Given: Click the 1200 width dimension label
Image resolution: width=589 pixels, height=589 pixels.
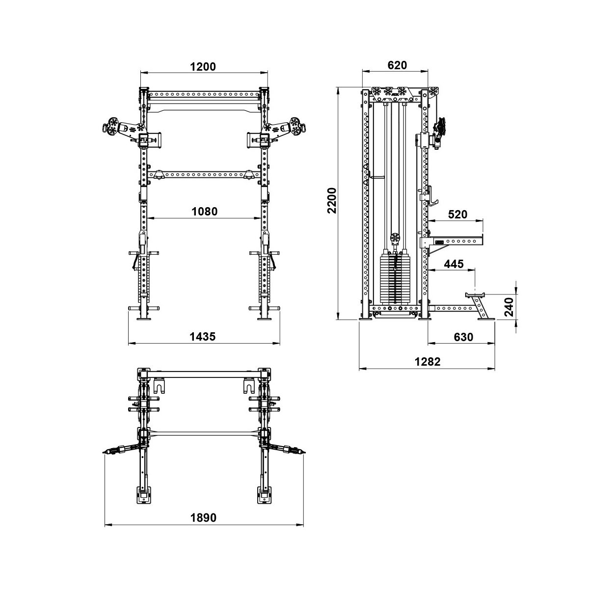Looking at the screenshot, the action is [x=203, y=67].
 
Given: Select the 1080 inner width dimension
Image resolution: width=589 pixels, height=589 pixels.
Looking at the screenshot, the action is [x=204, y=212].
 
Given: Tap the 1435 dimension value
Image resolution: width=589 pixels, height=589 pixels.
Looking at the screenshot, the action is [x=203, y=337].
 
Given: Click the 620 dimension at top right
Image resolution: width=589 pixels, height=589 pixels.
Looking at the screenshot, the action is [x=397, y=65].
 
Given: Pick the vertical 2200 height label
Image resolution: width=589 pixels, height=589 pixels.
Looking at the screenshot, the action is [x=332, y=201].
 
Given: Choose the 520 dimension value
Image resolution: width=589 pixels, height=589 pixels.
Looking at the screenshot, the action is [x=457, y=214].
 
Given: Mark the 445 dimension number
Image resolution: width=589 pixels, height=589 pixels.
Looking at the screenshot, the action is [x=454, y=264].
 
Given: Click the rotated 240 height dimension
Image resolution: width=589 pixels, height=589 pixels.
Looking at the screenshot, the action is [x=509, y=307].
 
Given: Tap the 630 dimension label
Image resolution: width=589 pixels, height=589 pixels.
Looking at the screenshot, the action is [x=463, y=337].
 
